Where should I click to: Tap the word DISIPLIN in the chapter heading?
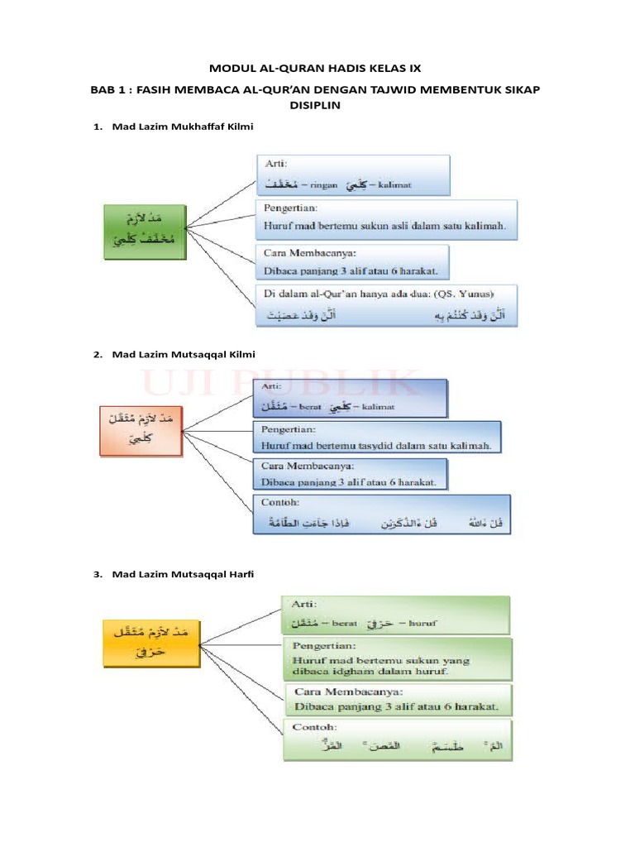coord(314,106)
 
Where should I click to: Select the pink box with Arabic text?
coord(139,431)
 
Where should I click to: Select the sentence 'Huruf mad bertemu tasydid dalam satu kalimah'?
coord(376,445)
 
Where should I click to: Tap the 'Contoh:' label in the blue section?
coord(279,502)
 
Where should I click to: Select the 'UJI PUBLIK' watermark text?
coord(281,386)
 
